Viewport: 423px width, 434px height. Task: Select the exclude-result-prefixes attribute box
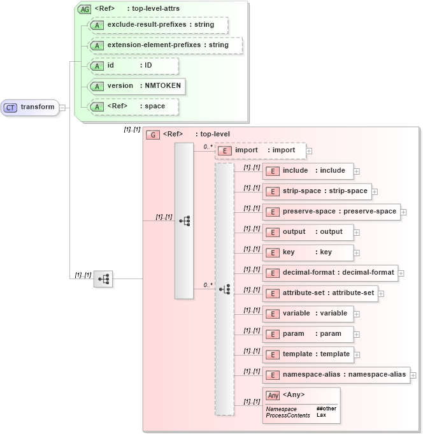coord(157,25)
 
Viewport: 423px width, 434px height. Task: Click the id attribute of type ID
coord(133,66)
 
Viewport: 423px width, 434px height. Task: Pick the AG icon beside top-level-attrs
coord(84,9)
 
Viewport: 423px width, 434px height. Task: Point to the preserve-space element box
coord(331,212)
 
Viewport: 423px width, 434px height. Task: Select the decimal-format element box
coord(329,273)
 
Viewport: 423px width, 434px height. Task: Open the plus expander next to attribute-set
coord(381,294)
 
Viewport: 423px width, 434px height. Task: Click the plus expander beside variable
coord(357,314)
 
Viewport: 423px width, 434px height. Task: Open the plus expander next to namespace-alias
coord(413,375)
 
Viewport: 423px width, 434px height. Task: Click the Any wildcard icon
coord(273,395)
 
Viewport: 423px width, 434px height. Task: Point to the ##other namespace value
coord(326,409)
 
